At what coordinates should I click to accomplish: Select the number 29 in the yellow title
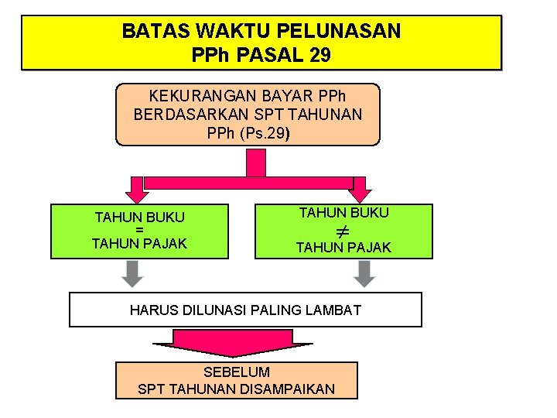320,56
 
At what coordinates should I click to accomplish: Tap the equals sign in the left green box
139,230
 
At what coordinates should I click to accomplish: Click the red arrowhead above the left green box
137,193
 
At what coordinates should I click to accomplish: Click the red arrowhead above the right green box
360,194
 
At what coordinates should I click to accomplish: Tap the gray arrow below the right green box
364,274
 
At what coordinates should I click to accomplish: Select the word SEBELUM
236,372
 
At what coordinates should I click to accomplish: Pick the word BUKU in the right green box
367,212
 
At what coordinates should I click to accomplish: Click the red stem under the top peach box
255,163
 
